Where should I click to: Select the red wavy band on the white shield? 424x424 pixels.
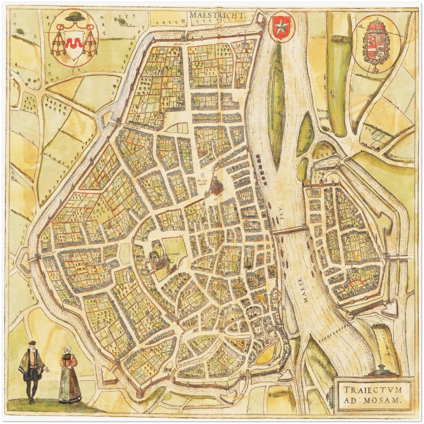click(x=73, y=44)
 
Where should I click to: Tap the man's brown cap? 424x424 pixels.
click(x=32, y=344)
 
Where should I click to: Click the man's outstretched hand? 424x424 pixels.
click(x=48, y=370)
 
